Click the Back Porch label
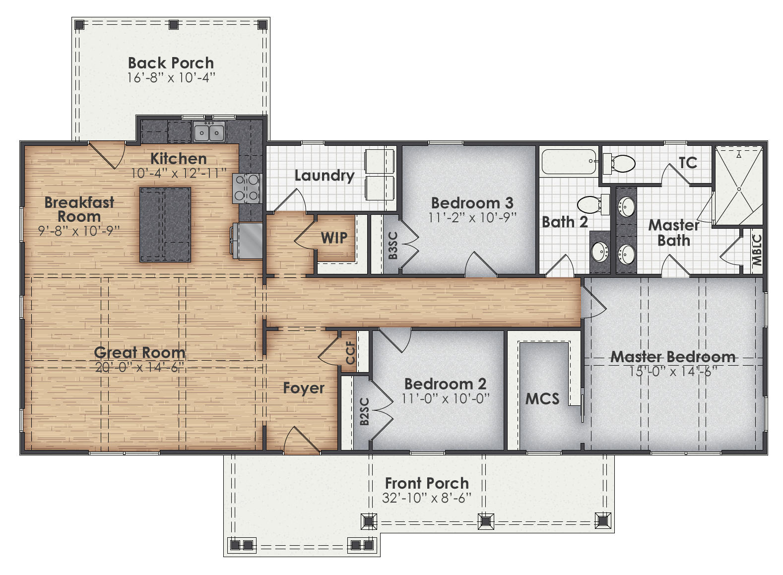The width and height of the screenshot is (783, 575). pyautogui.click(x=171, y=63)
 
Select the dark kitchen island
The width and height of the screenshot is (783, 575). pyautogui.click(x=165, y=224)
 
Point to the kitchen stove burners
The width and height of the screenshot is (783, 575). pyautogui.click(x=247, y=188)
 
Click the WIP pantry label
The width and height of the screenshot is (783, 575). pyautogui.click(x=334, y=238)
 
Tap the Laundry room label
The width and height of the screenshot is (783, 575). pyautogui.click(x=324, y=176)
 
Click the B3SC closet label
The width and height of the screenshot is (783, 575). pyautogui.click(x=392, y=246)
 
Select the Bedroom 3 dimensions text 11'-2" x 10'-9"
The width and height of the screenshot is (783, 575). pyautogui.click(x=472, y=217)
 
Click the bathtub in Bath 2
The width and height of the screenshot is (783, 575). pyautogui.click(x=569, y=161)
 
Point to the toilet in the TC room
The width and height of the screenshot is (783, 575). pyautogui.click(x=620, y=163)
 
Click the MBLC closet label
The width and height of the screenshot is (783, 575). pyautogui.click(x=756, y=251)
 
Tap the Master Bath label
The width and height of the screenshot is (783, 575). pyautogui.click(x=673, y=233)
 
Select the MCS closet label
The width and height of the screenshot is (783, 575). pyautogui.click(x=542, y=399)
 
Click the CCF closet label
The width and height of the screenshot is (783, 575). pyautogui.click(x=350, y=353)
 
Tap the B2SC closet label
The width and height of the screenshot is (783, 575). pyautogui.click(x=364, y=412)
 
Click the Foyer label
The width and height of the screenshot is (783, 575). pyautogui.click(x=304, y=388)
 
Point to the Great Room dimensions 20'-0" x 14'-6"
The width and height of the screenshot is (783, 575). pyautogui.click(x=139, y=368)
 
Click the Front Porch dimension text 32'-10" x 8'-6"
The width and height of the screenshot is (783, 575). pyautogui.click(x=427, y=498)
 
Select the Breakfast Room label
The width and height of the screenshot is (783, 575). pyautogui.click(x=79, y=209)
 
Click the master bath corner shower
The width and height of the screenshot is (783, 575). pyautogui.click(x=738, y=186)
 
